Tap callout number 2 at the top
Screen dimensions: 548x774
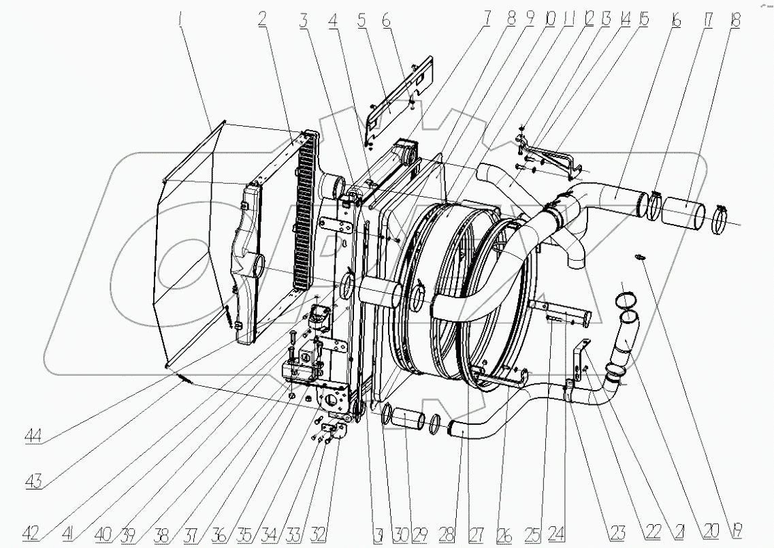pyautogui.click(x=261, y=20)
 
